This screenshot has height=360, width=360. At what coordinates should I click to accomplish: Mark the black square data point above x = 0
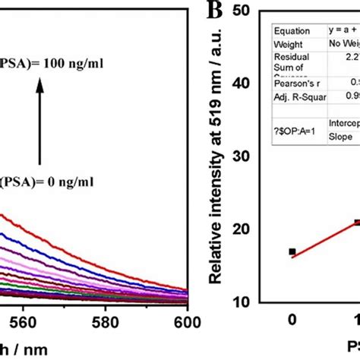[292, 251]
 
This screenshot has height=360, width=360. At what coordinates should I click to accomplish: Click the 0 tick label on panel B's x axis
[292, 321]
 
